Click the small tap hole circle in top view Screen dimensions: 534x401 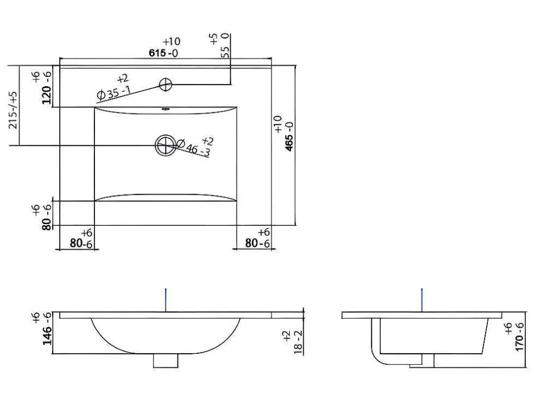point(166,85)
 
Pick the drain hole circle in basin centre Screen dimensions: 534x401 point(166,145)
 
